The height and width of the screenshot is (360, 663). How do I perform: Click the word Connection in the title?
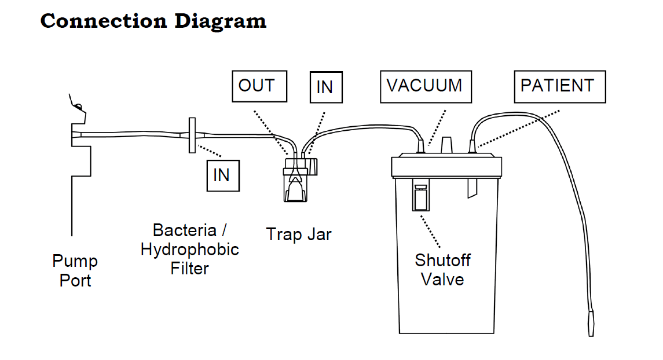[x=104, y=21]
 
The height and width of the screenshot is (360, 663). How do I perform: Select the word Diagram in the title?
[x=220, y=21]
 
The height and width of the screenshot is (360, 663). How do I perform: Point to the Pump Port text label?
[x=75, y=271]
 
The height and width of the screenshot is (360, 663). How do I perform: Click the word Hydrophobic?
[x=189, y=249]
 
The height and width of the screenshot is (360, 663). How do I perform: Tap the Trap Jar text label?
[x=299, y=234]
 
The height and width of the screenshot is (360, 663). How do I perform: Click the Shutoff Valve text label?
[x=442, y=270]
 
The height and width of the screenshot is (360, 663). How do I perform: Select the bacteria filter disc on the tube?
[x=192, y=135]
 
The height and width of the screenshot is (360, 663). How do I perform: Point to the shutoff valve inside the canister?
[x=421, y=195]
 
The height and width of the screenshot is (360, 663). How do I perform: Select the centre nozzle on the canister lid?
[x=446, y=145]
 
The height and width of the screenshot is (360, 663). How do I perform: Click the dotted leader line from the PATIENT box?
[x=518, y=129]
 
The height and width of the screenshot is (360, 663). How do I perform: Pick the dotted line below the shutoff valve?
[x=430, y=232]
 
